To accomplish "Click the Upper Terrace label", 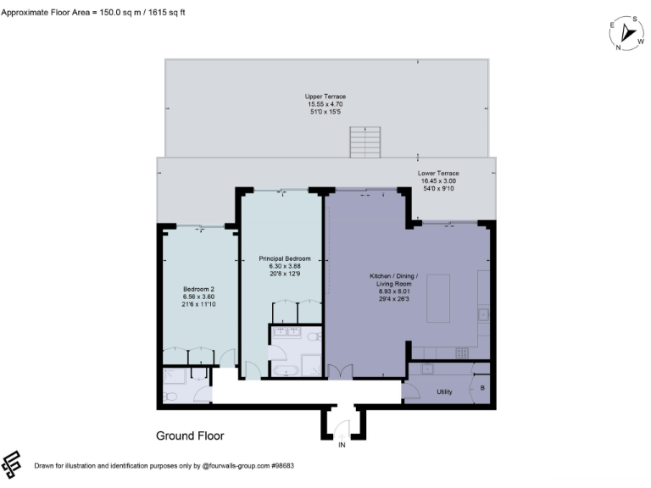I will pyautogui.click(x=325, y=97).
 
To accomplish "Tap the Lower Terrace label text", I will pyautogui.click(x=437, y=173).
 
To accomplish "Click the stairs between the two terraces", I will pyautogui.click(x=366, y=141).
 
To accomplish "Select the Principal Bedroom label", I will pyautogui.click(x=285, y=258).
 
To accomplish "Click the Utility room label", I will pyautogui.click(x=444, y=391).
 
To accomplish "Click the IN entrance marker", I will pyautogui.click(x=342, y=445).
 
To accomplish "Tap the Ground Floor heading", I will pyautogui.click(x=190, y=436).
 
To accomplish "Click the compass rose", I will pyautogui.click(x=628, y=32).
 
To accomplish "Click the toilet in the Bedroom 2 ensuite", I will pyautogui.click(x=170, y=396).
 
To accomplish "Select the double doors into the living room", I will pyautogui.click(x=339, y=372).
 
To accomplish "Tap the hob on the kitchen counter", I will pyautogui.click(x=482, y=314).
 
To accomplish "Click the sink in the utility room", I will pyautogui.click(x=428, y=369).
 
